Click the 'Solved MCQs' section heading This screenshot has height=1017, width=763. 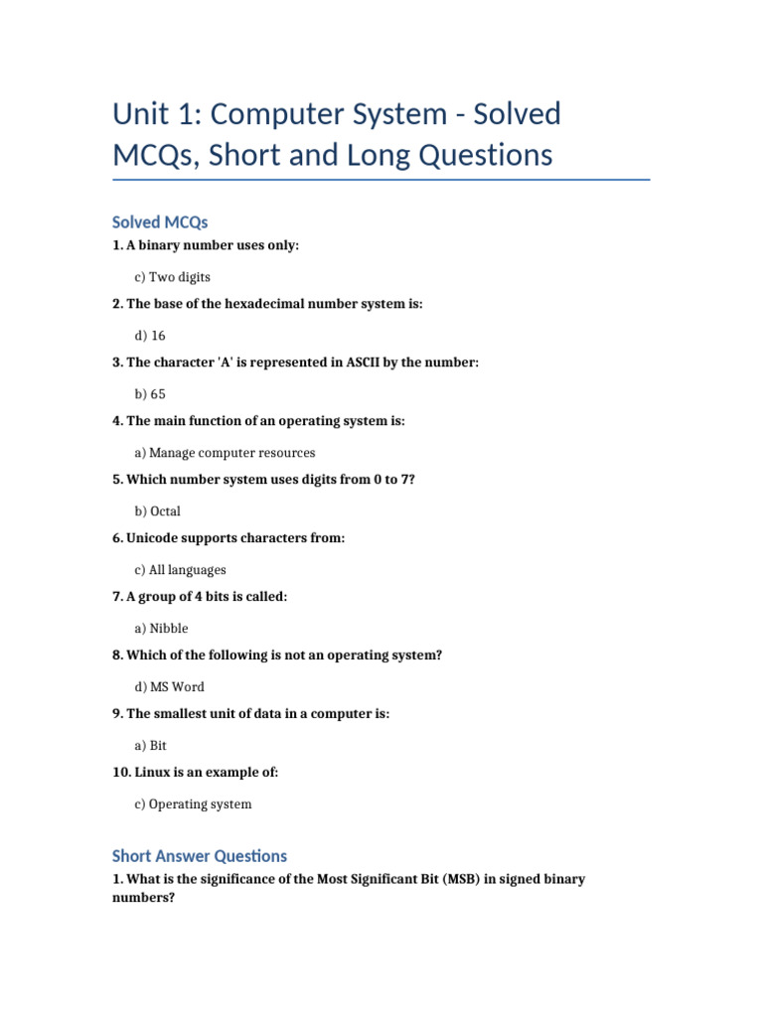[x=160, y=221]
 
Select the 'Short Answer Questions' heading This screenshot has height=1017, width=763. [x=200, y=855]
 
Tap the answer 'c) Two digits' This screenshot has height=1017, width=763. [x=172, y=277]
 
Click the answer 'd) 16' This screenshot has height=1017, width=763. [x=150, y=336]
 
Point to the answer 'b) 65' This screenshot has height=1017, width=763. [x=150, y=394]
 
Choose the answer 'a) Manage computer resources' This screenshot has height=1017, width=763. [x=225, y=453]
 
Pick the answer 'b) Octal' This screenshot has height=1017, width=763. [x=157, y=511]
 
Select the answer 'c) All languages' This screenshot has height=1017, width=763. [x=180, y=570]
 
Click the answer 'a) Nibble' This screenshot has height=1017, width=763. [x=161, y=629]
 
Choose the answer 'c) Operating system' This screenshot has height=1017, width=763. [x=193, y=804]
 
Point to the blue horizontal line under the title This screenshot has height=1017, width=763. [x=381, y=181]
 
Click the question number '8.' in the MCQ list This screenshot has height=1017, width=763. [x=118, y=655]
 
